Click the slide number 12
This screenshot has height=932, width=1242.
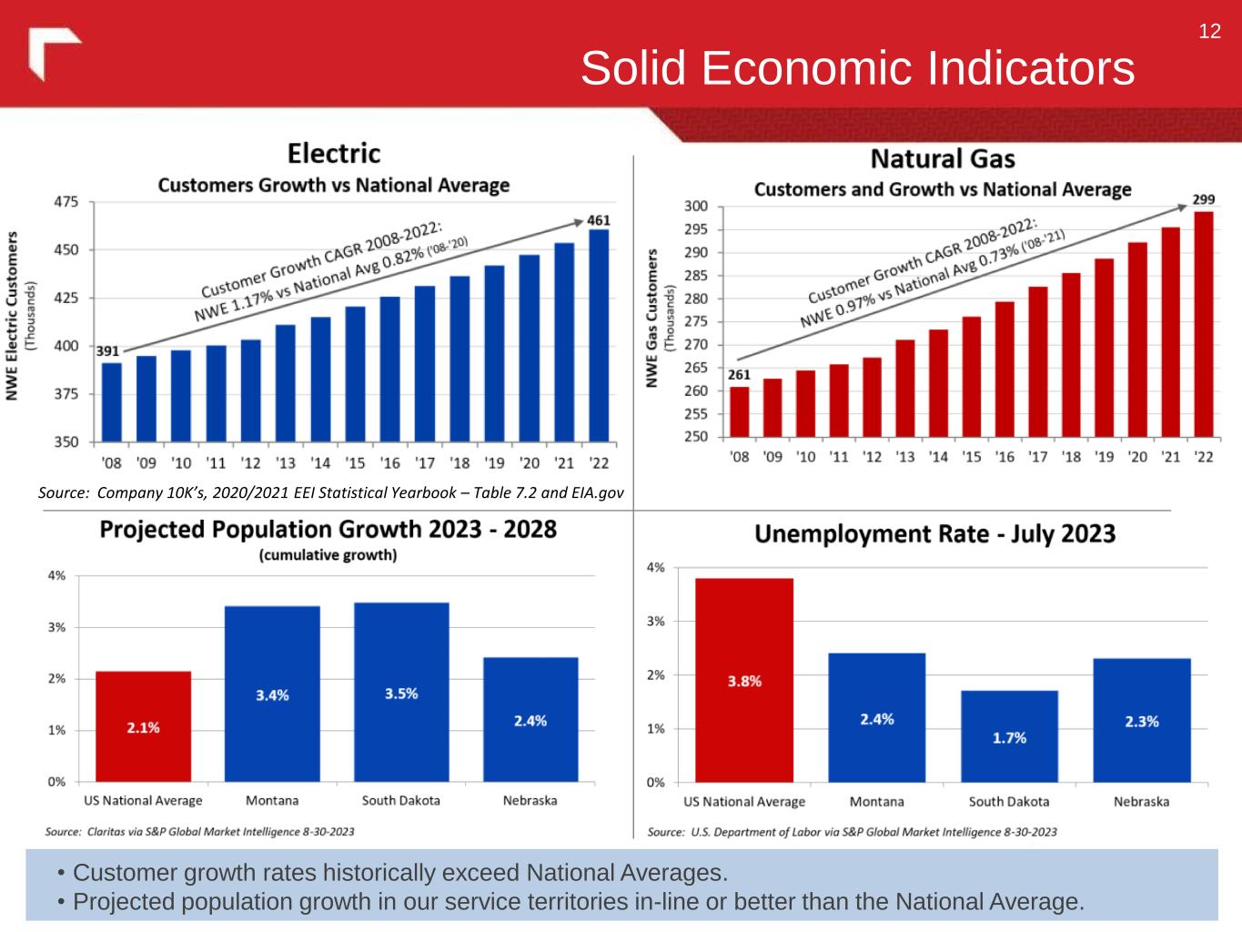(1209, 32)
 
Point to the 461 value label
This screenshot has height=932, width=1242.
(599, 220)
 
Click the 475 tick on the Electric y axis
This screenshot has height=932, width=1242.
(66, 202)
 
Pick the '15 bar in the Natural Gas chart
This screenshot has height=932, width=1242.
(972, 376)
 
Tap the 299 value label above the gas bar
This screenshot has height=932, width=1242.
(1204, 199)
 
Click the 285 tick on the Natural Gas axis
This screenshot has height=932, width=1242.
(695, 276)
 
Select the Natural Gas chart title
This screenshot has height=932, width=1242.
(943, 159)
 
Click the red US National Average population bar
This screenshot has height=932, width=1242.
(144, 726)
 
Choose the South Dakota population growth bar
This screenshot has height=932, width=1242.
(401, 692)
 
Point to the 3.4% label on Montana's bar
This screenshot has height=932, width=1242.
(272, 695)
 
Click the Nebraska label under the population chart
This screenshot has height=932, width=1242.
(530, 801)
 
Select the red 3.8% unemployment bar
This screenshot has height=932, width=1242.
(744, 680)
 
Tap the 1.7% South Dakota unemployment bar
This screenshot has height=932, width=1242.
(1010, 736)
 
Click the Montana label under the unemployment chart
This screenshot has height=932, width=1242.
(876, 802)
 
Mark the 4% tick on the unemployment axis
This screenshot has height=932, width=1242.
(655, 568)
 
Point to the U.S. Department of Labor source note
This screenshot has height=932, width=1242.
(852, 832)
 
